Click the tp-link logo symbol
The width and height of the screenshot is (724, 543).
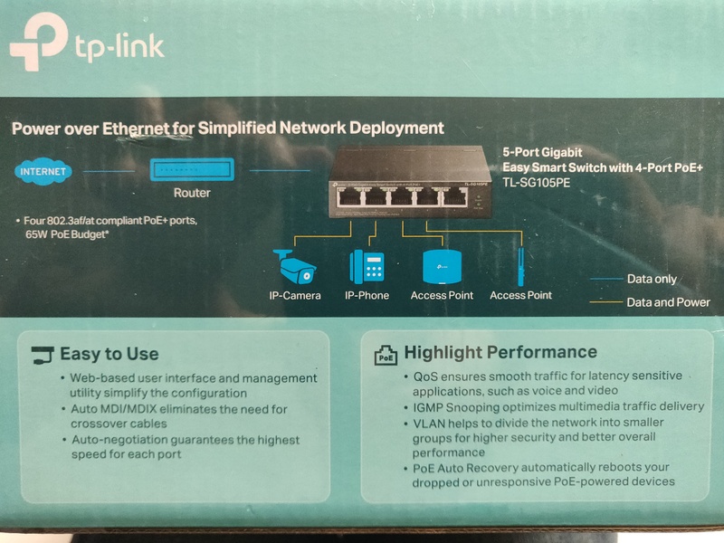(x=38, y=48)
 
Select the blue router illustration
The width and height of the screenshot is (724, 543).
(x=193, y=169)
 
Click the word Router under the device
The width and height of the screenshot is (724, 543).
(x=192, y=193)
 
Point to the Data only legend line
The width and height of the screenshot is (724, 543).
(x=605, y=279)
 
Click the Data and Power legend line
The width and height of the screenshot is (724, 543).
(x=605, y=302)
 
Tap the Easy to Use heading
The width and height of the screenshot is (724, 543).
(x=109, y=354)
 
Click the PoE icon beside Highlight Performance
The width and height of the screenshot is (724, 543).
(x=385, y=355)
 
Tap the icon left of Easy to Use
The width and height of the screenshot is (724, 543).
(x=42, y=354)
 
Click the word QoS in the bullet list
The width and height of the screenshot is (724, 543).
(x=424, y=376)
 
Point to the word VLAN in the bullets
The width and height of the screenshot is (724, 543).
(x=431, y=423)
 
